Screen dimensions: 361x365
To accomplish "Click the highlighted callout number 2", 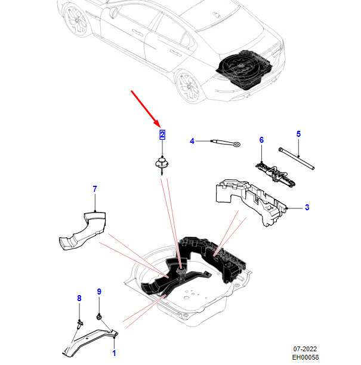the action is point(162,135).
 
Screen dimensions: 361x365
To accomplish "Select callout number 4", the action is point(192,141).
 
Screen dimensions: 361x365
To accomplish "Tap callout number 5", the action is point(298,134).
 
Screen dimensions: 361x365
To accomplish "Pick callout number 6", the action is point(261,140).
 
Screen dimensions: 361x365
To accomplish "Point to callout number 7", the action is point(95,189).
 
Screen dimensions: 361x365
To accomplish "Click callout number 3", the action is point(307,207).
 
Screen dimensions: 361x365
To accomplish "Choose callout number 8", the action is point(79,298).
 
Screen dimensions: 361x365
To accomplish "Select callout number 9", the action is point(99,292).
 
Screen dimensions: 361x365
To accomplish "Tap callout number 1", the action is point(114,353).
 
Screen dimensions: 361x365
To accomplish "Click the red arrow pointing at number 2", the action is point(145,109).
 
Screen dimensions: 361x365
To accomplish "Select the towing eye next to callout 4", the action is point(226,143).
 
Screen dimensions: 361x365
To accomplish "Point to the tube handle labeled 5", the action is point(297,158).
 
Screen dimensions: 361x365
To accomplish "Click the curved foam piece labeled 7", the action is point(83,231).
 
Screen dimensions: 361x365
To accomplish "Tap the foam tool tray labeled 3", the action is point(252,201).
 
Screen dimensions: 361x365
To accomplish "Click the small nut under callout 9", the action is point(99,317).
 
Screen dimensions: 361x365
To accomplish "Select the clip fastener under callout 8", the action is point(80,324).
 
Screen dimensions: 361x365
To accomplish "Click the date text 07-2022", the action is point(305,349).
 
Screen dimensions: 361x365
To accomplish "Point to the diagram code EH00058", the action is point(306,357).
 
